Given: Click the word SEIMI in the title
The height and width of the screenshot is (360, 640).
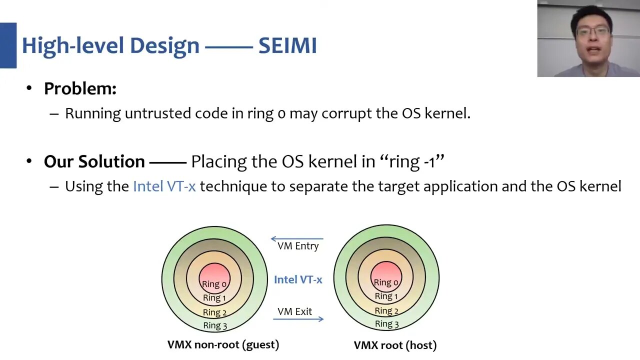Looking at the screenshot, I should pyautogui.click(x=287, y=45).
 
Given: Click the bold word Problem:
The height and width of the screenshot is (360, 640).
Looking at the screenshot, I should pyautogui.click(x=80, y=88).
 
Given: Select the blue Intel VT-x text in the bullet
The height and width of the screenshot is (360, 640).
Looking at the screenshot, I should pyautogui.click(x=164, y=186).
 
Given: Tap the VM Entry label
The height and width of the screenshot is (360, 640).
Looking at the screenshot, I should pyautogui.click(x=298, y=246).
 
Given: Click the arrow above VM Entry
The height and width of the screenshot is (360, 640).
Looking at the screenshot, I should pyautogui.click(x=297, y=239).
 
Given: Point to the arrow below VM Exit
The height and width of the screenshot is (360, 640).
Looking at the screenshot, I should pyautogui.click(x=298, y=318).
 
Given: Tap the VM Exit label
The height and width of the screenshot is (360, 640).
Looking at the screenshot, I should pyautogui.click(x=294, y=311).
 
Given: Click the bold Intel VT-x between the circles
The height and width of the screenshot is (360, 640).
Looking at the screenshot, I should pyautogui.click(x=298, y=279).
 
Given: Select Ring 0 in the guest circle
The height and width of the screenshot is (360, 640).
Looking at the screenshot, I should pyautogui.click(x=214, y=284).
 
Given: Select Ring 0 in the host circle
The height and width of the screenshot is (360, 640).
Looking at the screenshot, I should pyautogui.click(x=386, y=282).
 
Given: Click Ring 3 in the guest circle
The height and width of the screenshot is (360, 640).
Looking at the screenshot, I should pyautogui.click(x=215, y=325).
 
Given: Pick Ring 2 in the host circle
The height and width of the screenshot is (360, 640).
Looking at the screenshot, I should pyautogui.click(x=386, y=310).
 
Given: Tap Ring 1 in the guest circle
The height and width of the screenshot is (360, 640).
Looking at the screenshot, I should pyautogui.click(x=214, y=298).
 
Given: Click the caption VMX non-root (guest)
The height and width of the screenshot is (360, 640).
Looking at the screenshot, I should pyautogui.click(x=223, y=344).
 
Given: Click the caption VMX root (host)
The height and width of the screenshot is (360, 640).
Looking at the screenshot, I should pyautogui.click(x=395, y=345).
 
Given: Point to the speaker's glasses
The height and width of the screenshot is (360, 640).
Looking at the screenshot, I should pyautogui.click(x=592, y=31).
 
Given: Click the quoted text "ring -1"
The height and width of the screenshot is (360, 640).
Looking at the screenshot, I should pyautogui.click(x=412, y=161).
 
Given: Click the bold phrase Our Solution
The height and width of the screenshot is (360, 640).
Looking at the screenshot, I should pyautogui.click(x=94, y=161).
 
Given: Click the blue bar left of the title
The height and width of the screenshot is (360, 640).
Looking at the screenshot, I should pyautogui.click(x=8, y=45).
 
